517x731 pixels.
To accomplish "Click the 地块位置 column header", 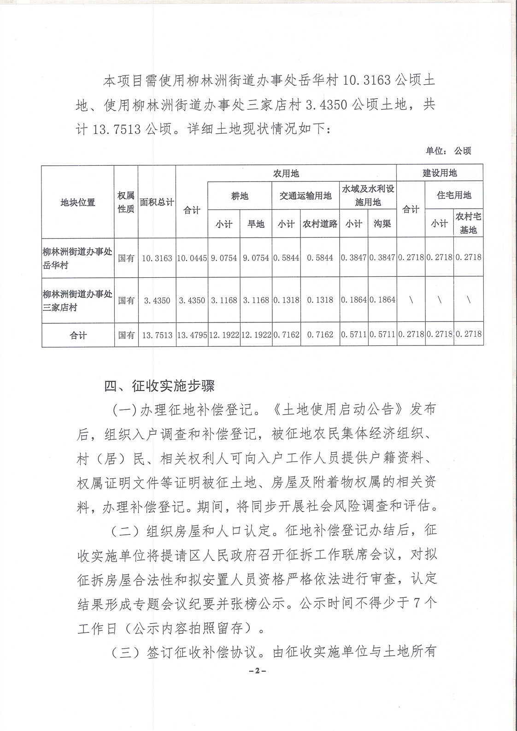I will point(77,202).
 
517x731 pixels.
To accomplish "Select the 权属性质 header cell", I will point(126,202).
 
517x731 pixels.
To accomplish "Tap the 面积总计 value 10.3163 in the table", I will point(157,257).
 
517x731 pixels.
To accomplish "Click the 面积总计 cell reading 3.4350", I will point(157,300).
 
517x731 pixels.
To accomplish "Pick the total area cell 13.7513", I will point(157,335).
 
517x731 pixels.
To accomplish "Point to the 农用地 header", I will point(286,173).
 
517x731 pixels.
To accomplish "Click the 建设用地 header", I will point(440,173).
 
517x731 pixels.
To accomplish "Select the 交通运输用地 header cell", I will point(305,196).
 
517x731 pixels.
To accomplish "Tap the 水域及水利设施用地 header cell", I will point(368,195).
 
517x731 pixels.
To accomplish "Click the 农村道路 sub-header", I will point(320,224).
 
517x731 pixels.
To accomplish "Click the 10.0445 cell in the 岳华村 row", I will point(192,257).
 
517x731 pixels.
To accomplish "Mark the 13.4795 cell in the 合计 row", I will point(192,335).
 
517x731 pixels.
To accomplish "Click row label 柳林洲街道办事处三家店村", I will point(77,300).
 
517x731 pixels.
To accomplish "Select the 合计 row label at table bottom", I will point(77,335).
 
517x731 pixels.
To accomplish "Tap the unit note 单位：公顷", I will point(448,151).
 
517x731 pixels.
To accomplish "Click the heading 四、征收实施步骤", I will point(159,386).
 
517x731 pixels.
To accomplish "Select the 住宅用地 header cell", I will point(454,195).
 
